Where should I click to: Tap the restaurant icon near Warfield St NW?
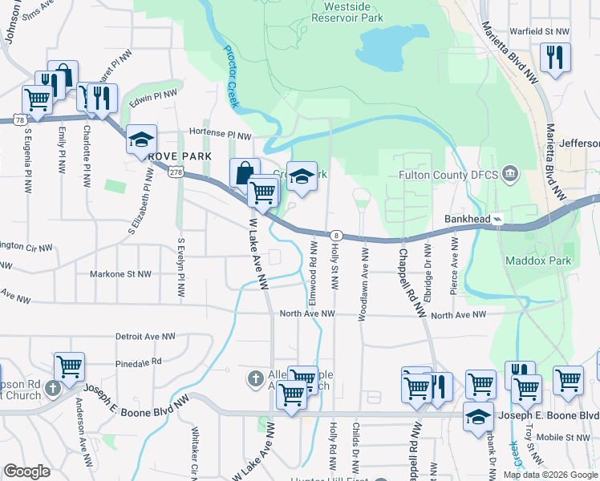(x=555, y=58)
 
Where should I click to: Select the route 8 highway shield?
(x=338, y=235)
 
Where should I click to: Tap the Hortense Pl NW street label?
(x=220, y=134)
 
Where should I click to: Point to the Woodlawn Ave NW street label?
(x=364, y=285)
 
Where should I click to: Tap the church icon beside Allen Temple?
(x=255, y=378)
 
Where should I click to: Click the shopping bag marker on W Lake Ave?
(x=244, y=172)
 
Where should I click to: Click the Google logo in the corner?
(x=27, y=471)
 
